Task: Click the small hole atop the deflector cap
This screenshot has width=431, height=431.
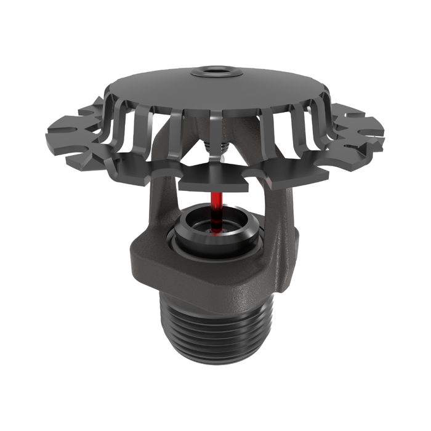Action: tap(216, 71)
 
